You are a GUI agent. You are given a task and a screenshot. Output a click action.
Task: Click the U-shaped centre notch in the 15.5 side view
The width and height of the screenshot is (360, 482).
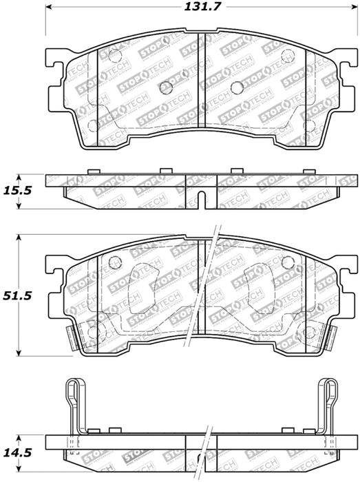(200, 198)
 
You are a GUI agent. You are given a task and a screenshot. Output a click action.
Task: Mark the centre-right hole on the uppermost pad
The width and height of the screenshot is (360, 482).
(235, 87)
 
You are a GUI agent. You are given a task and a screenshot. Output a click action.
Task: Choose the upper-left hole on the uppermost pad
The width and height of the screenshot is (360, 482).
(114, 57)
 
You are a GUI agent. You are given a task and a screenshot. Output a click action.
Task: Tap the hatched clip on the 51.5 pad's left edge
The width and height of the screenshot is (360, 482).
(70, 335)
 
